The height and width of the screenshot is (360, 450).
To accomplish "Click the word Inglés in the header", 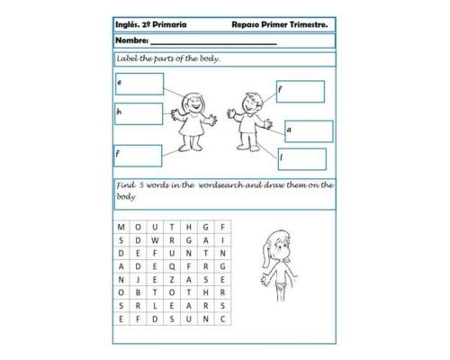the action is click(129, 25).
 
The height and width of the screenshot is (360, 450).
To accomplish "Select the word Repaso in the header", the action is click(247, 25).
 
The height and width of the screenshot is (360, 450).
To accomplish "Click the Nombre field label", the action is click(131, 41).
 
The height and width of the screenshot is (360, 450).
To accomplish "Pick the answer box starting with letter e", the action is click(139, 84).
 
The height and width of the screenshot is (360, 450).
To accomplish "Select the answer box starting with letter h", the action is click(139, 113).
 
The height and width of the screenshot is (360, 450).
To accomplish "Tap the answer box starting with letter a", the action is click(309, 131).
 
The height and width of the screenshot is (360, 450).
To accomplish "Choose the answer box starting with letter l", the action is click(301, 158).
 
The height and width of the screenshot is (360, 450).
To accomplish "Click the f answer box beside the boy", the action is click(300, 91).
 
